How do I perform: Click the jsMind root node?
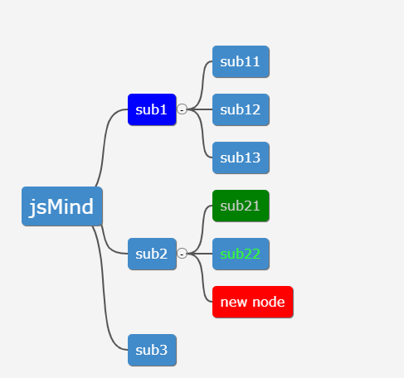[x=62, y=206]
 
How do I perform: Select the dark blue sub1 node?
[x=152, y=109]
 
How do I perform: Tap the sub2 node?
[x=152, y=254]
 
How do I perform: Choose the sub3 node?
[x=152, y=350]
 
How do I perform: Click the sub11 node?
[x=241, y=61]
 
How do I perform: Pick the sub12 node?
[x=241, y=109]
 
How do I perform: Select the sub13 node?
[x=241, y=157]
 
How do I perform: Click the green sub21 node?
[x=241, y=206]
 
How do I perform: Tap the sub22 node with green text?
[x=241, y=254]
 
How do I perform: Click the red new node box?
[x=253, y=302]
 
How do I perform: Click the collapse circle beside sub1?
[x=182, y=109]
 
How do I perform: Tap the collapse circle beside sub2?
[x=182, y=254]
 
